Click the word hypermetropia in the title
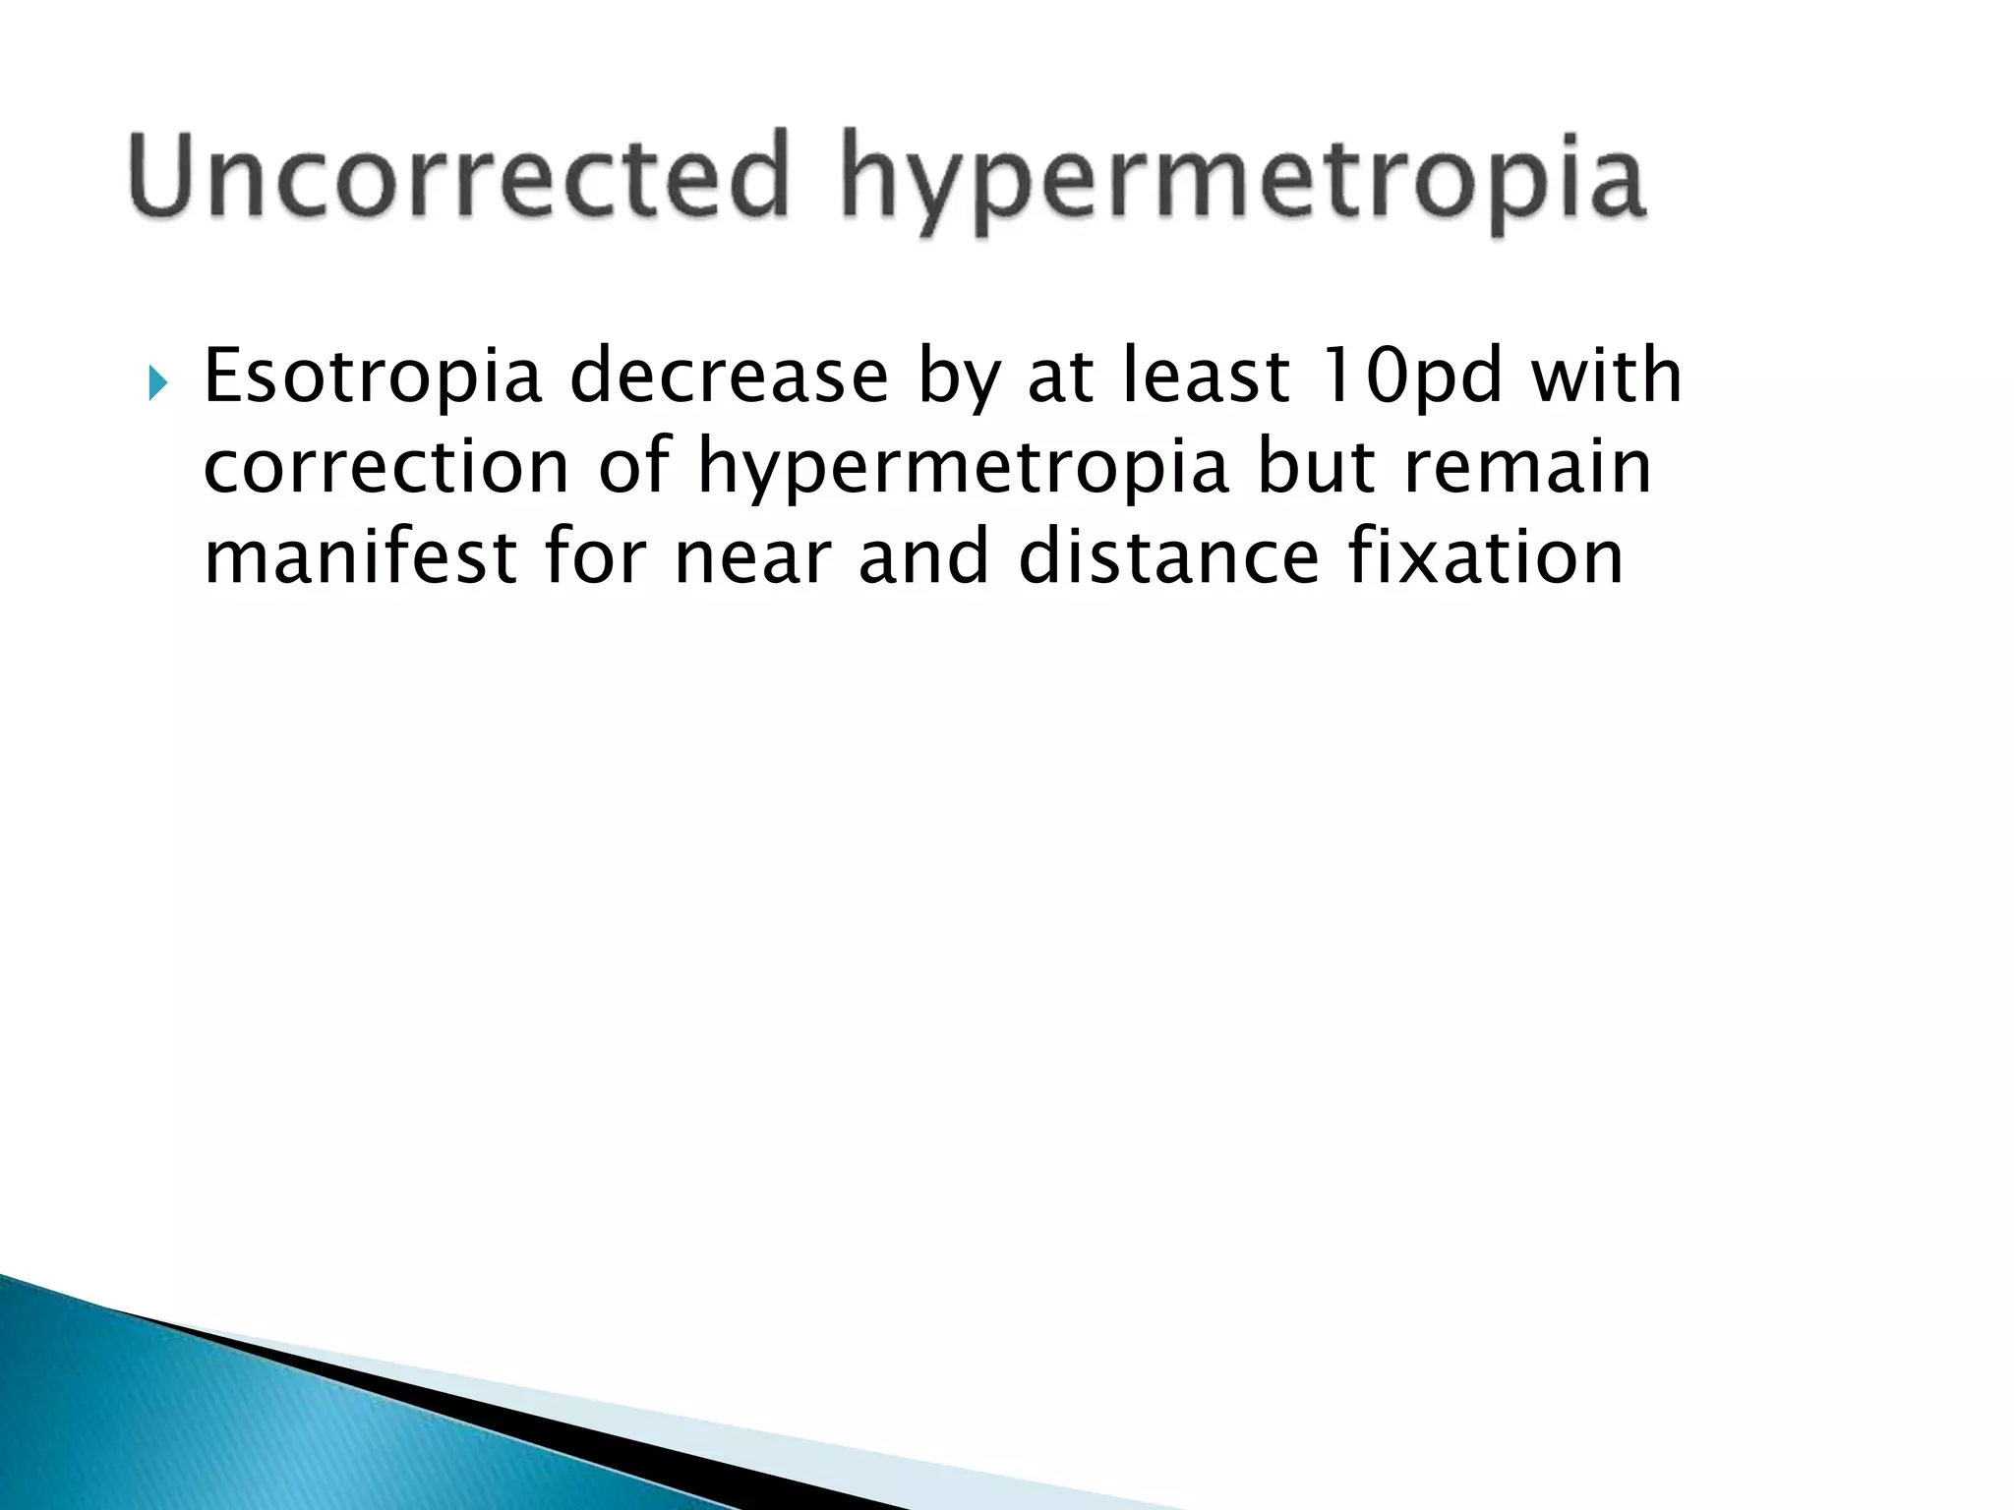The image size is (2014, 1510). tap(1243, 182)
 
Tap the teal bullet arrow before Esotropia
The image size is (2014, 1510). tap(157, 381)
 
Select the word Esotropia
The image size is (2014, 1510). tap(373, 377)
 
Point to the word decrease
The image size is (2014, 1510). tap(729, 377)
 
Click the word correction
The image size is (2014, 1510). tap(386, 467)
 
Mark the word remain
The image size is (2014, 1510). tap(1527, 467)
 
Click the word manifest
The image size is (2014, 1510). tap(360, 557)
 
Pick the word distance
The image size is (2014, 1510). tap(1168, 557)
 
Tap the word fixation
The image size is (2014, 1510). tap(1485, 557)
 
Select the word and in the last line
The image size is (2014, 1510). tap(923, 557)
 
